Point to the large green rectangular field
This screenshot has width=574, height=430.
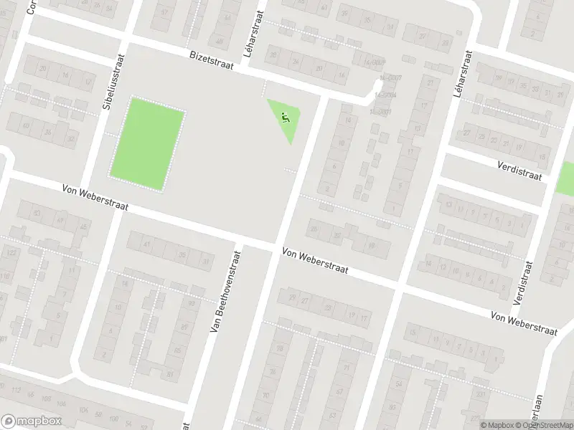(146, 144)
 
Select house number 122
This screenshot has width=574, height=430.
(11, 253)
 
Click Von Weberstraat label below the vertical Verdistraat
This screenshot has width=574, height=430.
(524, 322)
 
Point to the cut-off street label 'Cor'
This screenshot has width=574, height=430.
(31, 7)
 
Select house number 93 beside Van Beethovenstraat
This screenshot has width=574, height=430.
(192, 304)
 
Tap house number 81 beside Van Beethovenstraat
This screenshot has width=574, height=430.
(170, 374)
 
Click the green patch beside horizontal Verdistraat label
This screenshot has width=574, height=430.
(565, 178)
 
